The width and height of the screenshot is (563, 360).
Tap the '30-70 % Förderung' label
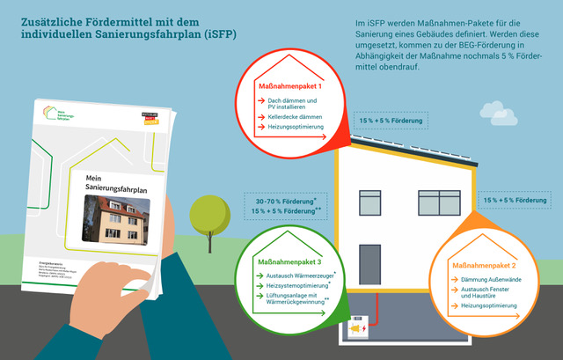pyautogui.click(x=279, y=201)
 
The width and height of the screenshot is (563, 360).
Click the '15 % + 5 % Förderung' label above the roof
pyautogui.click(x=391, y=120)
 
